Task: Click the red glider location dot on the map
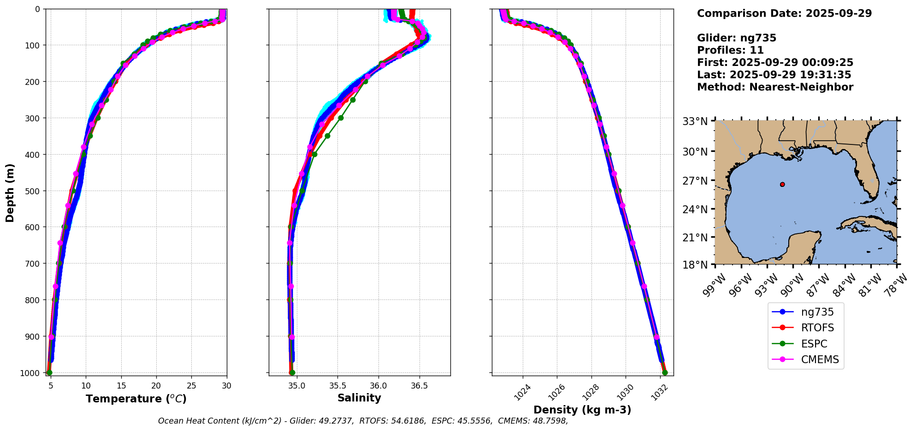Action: pos(782,185)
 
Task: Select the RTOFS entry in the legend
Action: pos(817,328)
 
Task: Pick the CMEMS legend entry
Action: pos(820,360)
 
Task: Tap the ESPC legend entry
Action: pos(814,344)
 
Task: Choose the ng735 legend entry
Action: pos(817,312)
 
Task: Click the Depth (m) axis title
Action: pos(10,192)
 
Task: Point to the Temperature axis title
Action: pos(136,399)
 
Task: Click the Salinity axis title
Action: pos(359,398)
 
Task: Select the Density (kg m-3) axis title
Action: pos(582,410)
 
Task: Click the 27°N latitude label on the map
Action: pos(695,181)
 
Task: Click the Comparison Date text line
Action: pos(784,13)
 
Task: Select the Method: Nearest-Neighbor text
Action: pos(775,87)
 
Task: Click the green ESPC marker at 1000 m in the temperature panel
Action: pos(49,372)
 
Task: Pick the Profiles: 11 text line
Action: pos(730,50)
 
